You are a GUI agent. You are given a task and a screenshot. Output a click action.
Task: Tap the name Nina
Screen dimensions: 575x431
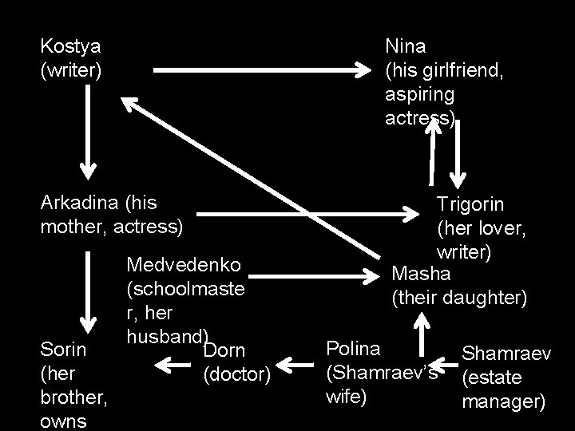tap(406, 48)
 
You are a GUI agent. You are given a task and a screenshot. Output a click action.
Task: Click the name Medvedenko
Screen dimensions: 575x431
tap(189, 263)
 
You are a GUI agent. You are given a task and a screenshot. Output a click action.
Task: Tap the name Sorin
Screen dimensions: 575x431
tap(61, 349)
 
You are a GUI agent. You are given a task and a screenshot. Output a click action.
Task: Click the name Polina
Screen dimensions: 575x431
tap(354, 349)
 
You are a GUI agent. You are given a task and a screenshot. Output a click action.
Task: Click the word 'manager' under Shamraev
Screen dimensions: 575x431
tap(503, 400)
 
